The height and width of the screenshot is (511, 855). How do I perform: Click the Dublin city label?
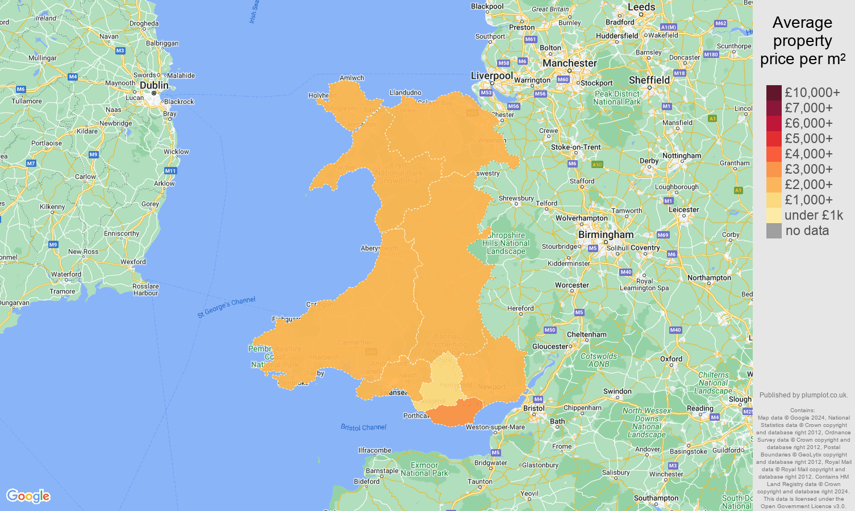(154, 85)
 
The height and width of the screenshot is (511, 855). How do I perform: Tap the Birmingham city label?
(606, 234)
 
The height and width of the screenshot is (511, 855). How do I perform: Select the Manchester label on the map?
(569, 63)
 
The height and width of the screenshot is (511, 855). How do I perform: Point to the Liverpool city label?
(492, 76)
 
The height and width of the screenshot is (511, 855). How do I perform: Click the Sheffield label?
(649, 80)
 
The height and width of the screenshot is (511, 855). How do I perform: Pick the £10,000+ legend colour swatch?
(774, 93)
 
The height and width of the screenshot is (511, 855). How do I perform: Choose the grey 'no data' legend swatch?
(774, 231)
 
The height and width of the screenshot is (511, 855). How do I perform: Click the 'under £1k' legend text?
(814, 215)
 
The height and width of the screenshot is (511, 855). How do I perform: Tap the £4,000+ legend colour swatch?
(774, 154)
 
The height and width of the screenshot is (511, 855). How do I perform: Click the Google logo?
(28, 496)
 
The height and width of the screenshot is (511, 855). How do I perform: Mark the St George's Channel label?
(226, 307)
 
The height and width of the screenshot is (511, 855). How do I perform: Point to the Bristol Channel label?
(364, 427)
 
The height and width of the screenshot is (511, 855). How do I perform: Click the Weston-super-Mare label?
(495, 427)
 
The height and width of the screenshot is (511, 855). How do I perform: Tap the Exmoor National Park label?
(424, 469)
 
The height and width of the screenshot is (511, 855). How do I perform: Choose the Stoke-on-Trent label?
(575, 147)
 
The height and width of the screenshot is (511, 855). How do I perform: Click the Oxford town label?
(671, 359)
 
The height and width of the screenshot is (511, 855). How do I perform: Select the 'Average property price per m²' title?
(802, 40)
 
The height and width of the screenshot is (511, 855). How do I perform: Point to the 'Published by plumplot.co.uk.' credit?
(803, 395)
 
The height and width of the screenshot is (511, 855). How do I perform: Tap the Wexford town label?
(133, 262)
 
